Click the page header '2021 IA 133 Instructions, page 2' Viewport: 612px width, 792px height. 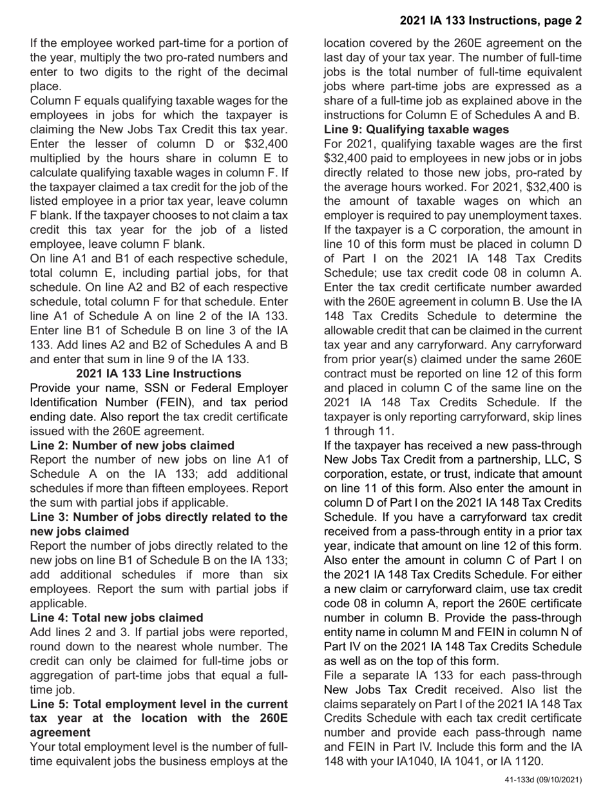click(x=490, y=21)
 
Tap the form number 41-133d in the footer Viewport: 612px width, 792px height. click(x=524, y=780)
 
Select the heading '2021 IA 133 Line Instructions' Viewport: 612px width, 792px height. click(x=158, y=373)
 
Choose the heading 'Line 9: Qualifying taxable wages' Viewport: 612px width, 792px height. click(x=416, y=129)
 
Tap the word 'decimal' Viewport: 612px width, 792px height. click(x=264, y=72)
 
